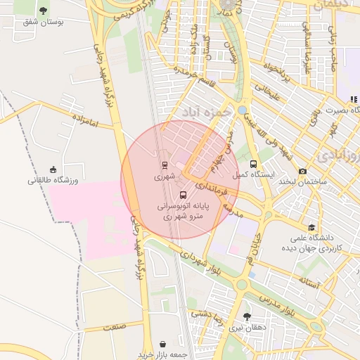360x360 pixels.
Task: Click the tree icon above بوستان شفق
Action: (x=44, y=11)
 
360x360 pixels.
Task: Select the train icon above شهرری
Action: (x=164, y=166)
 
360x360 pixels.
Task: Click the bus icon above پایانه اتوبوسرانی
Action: (x=184, y=195)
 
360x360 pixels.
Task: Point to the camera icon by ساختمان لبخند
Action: (x=303, y=171)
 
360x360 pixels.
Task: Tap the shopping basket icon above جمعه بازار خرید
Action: (x=164, y=344)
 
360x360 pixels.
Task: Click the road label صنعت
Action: (x=112, y=327)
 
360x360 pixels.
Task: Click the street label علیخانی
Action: (x=266, y=91)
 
